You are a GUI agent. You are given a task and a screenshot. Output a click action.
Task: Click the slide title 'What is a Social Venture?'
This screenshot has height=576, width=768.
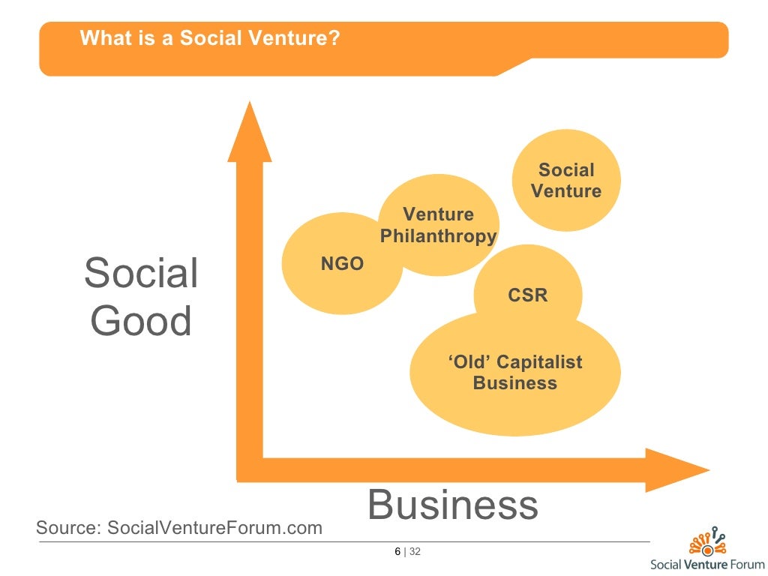pyautogui.click(x=210, y=37)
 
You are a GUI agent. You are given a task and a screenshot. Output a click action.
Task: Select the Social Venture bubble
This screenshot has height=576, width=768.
pyautogui.click(x=565, y=180)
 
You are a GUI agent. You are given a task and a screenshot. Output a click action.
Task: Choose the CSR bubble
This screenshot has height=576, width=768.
pyautogui.click(x=528, y=295)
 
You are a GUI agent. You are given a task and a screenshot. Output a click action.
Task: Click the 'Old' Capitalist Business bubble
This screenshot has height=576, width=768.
pyautogui.click(x=515, y=373)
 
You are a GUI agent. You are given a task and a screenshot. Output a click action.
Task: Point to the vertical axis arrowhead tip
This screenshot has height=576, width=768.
pyautogui.click(x=249, y=105)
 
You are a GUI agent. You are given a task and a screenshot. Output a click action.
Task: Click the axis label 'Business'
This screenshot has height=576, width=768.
pyautogui.click(x=453, y=505)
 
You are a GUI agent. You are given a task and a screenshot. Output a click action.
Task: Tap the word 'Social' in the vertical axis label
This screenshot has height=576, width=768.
pyautogui.click(x=141, y=273)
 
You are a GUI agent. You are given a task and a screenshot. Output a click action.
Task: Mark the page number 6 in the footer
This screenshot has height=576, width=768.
pyautogui.click(x=397, y=553)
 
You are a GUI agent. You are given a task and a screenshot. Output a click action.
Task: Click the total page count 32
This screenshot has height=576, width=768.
pyautogui.click(x=415, y=553)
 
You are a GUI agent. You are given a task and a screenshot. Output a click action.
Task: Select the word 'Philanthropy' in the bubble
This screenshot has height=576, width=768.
pyautogui.click(x=438, y=237)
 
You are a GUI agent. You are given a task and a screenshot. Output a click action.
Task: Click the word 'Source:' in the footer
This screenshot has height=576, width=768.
pyautogui.click(x=68, y=528)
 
